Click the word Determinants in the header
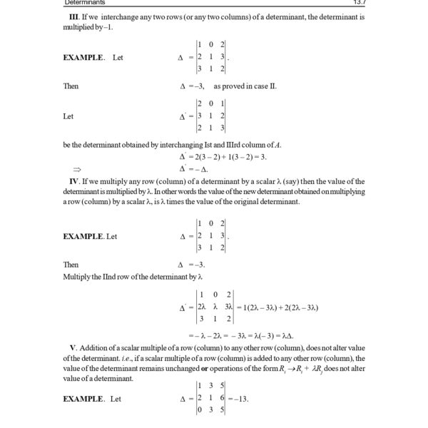83,3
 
